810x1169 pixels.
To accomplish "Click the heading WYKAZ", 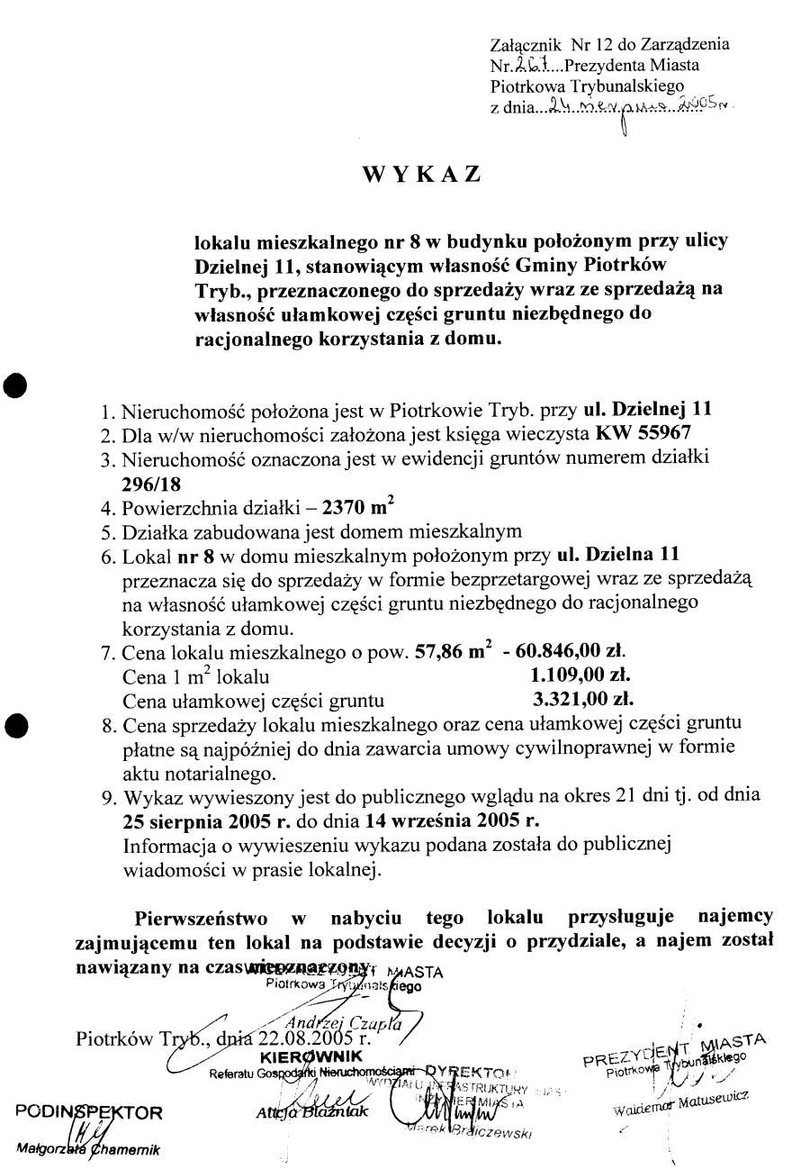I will tap(421, 175).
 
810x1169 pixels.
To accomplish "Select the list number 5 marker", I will tap(109, 530).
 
